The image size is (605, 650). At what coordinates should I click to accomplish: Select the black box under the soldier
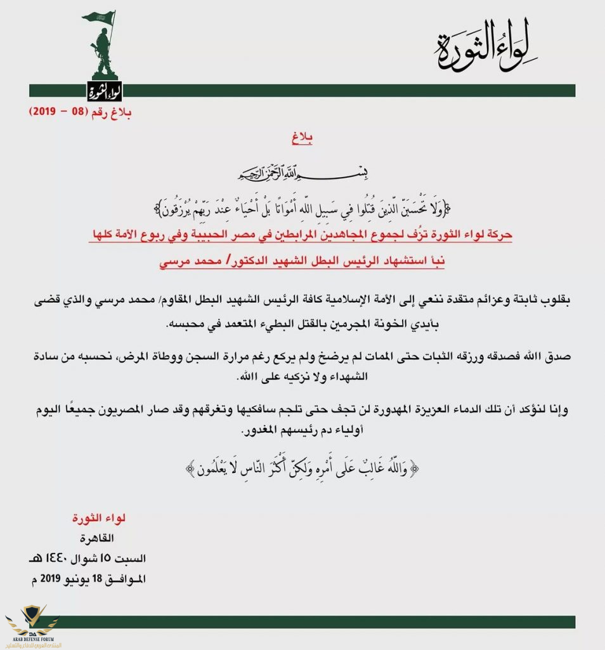point(103,93)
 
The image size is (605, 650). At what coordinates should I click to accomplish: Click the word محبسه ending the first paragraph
point(188,325)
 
